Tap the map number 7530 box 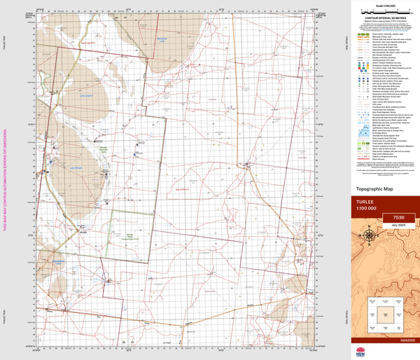400,218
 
